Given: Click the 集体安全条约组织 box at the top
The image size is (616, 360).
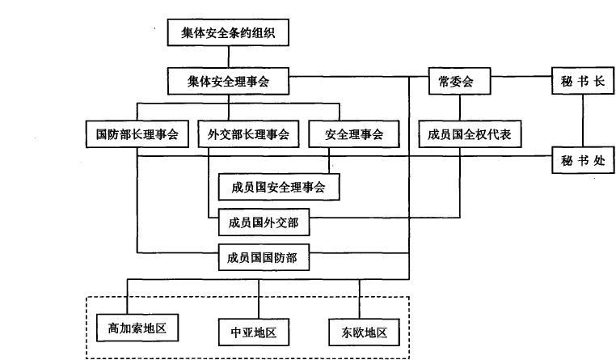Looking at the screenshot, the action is (228, 32).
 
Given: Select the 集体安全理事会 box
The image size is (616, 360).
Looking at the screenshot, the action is (228, 82).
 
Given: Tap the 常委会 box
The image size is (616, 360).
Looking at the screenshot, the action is (460, 82).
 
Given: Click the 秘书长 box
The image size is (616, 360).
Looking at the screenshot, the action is (583, 81).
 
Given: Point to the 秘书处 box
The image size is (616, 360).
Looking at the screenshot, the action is (583, 160).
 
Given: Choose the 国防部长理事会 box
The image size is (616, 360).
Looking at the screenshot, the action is (137, 134).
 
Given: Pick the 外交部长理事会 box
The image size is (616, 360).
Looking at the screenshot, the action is (248, 134).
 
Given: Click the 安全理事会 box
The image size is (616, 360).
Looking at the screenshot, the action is (354, 134).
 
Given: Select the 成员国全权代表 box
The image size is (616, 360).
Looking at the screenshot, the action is (470, 134).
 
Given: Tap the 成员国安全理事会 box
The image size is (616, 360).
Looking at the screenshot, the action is (279, 187).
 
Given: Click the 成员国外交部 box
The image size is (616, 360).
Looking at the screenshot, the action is (264, 222).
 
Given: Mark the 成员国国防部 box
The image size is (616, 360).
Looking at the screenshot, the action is (264, 257).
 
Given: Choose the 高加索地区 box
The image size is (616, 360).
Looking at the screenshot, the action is (137, 328).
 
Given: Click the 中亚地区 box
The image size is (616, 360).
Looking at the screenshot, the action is (254, 332).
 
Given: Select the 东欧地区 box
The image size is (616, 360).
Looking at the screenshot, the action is (364, 332).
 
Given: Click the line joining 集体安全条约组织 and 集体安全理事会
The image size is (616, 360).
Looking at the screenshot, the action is (229, 57).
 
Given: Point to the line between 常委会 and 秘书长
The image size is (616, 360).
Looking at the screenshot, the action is (521, 77).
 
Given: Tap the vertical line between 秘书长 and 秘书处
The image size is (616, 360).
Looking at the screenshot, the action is (583, 121).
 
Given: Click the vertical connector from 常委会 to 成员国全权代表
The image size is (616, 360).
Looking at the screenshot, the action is (460, 108).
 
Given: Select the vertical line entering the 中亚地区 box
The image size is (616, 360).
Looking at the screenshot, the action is (259, 299).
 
